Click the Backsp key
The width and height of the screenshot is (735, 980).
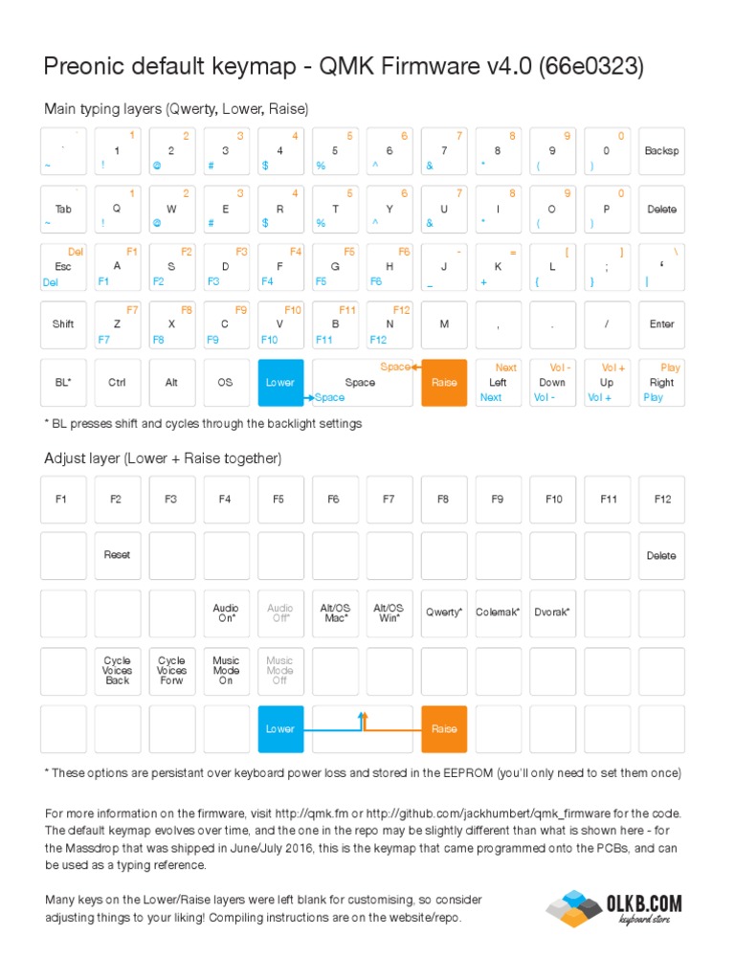pyautogui.click(x=661, y=151)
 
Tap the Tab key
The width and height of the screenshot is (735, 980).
pyautogui.click(x=63, y=209)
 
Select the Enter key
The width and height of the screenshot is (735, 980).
pyautogui.click(x=661, y=324)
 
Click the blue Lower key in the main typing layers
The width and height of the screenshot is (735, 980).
pyautogui.click(x=280, y=383)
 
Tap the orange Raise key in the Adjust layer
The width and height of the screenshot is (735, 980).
pyautogui.click(x=444, y=729)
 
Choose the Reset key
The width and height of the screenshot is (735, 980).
pyautogui.click(x=118, y=555)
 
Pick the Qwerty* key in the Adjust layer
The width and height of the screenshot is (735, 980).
pyautogui.click(x=444, y=612)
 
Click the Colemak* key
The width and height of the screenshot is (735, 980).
pyautogui.click(x=498, y=612)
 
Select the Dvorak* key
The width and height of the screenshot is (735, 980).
pyautogui.click(x=553, y=612)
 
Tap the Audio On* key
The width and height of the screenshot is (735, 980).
pyautogui.click(x=226, y=612)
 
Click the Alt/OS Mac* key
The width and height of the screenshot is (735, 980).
pyautogui.click(x=335, y=612)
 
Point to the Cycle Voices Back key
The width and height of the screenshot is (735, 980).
pyautogui.click(x=118, y=671)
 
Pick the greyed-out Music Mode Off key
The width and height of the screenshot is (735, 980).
pyautogui.click(x=280, y=671)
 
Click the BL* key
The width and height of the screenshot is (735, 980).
pyautogui.click(x=63, y=383)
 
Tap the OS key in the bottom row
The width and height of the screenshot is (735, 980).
pyautogui.click(x=226, y=383)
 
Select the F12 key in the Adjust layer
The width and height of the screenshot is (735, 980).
pyautogui.click(x=661, y=499)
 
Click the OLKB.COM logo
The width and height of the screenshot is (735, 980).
pyautogui.click(x=612, y=906)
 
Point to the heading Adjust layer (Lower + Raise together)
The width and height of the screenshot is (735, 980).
pyautogui.click(x=163, y=458)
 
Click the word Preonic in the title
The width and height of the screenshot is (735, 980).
pyautogui.click(x=83, y=66)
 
